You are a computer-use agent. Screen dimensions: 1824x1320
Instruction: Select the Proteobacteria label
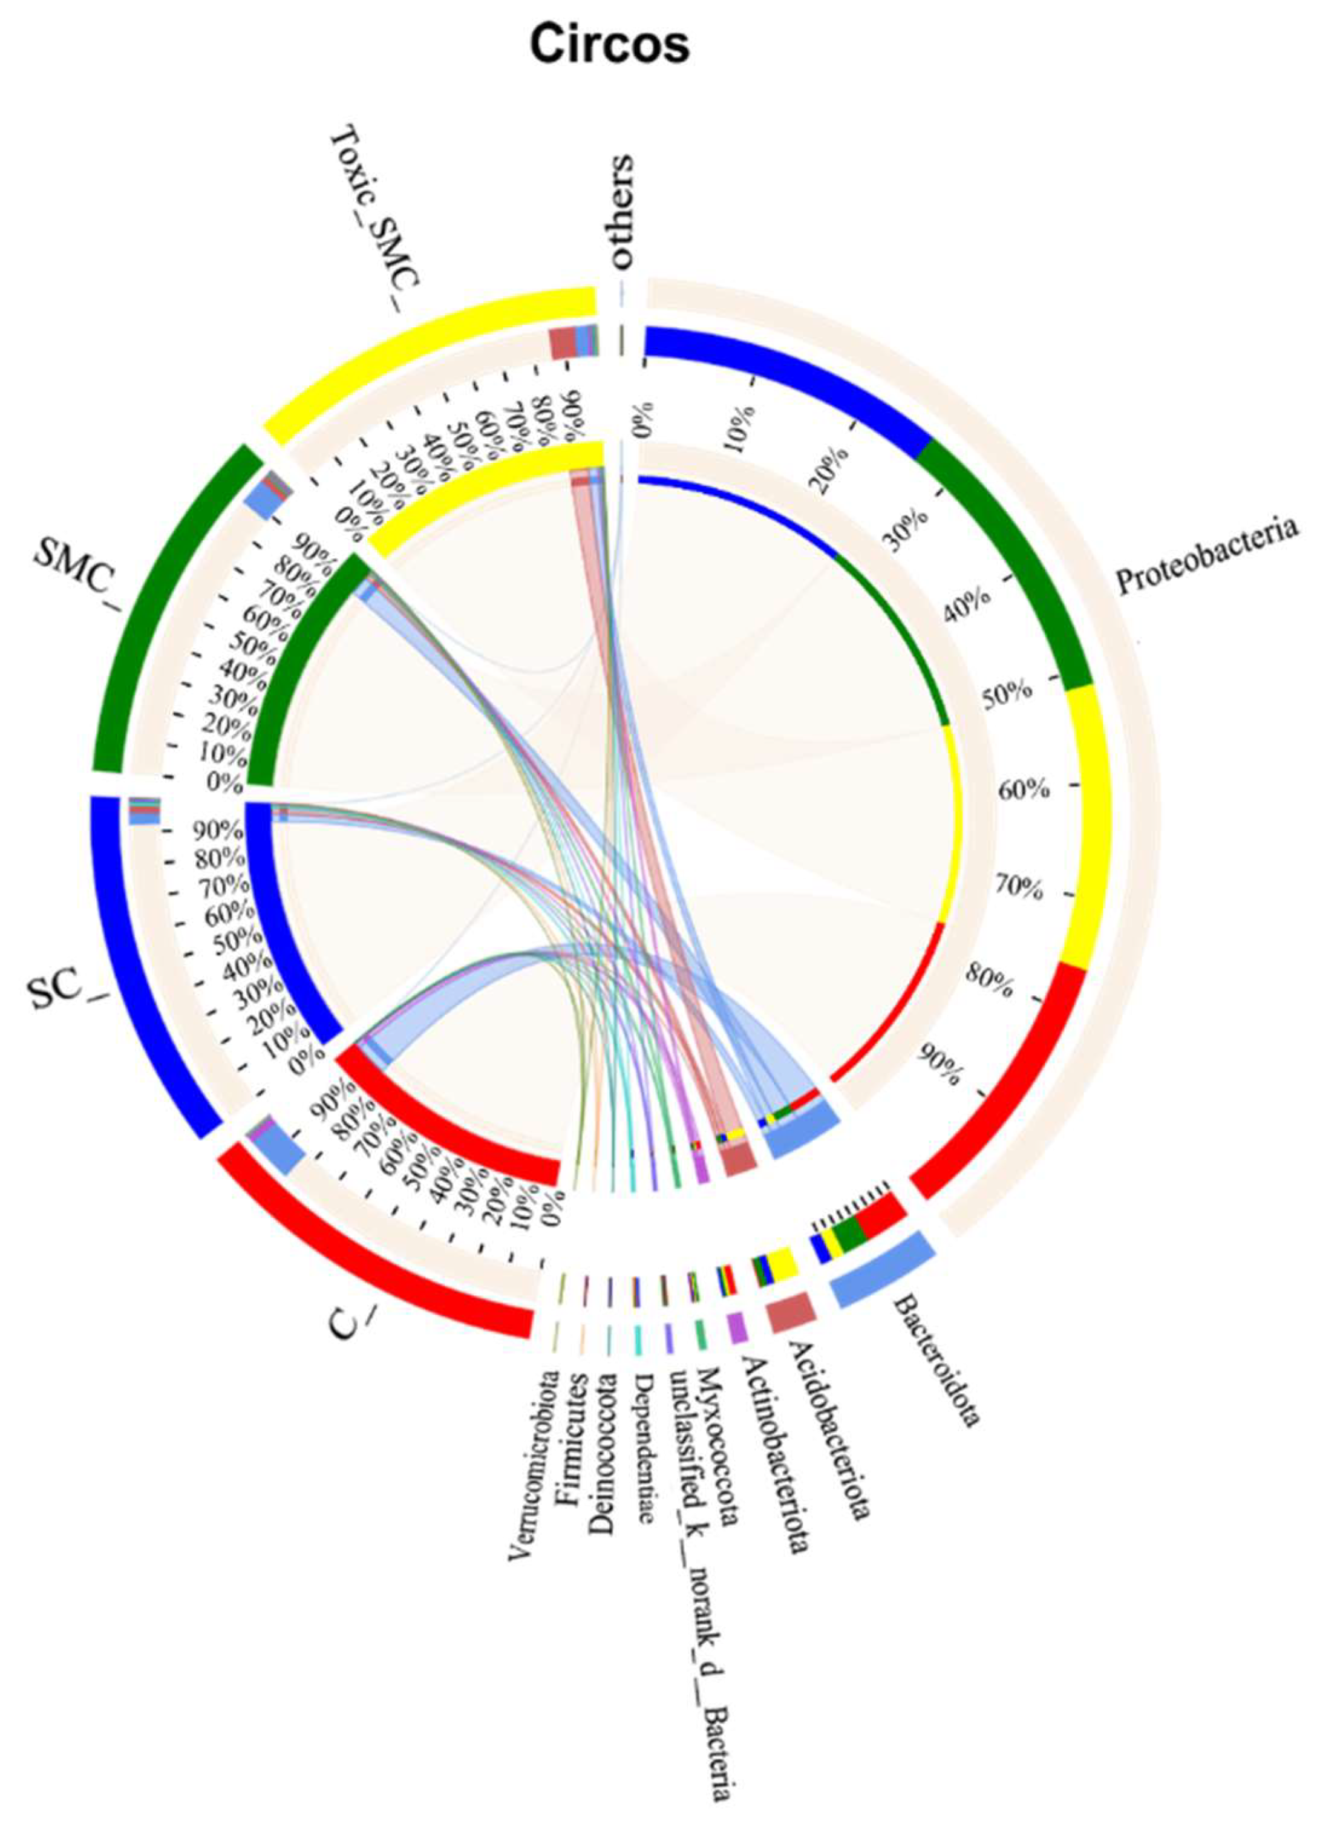[1207, 556]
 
